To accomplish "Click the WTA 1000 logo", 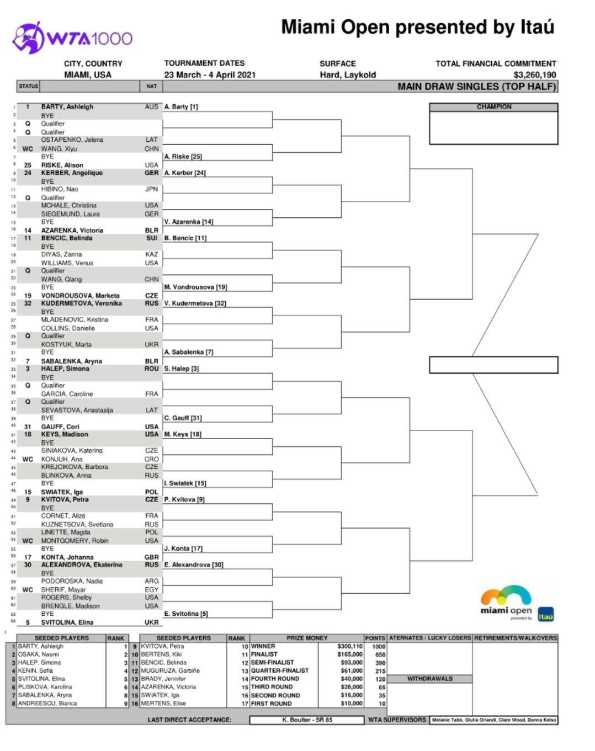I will coord(72,38).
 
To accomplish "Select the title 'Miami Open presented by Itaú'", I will coord(417,27).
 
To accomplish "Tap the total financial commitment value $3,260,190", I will coord(534,74).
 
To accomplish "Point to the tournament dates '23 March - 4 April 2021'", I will coord(210,74).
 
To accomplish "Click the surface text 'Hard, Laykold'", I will coord(348,74).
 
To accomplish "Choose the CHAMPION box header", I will coord(493,106).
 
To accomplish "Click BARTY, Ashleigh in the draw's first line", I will coord(67,106).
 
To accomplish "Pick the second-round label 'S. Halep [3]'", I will coord(181,368).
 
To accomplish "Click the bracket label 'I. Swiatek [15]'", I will coord(185,483).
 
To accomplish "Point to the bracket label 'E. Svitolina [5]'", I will coord(185,614).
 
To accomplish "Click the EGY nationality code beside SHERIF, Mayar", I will coord(151,589).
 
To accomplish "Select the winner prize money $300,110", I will coord(349,646).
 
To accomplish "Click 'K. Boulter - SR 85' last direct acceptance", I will coord(307,720).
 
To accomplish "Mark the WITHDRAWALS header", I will coord(429,679).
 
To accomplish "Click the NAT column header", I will coord(151,86).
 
